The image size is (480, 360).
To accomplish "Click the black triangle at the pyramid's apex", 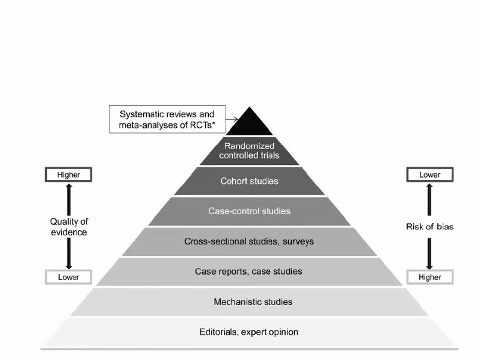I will click(x=248, y=123).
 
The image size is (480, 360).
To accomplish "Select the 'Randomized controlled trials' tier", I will click(x=248, y=151).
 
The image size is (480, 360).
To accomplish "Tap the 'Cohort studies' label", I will click(x=248, y=181).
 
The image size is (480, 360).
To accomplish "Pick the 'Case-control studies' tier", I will click(x=248, y=211).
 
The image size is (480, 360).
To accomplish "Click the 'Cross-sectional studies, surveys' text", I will click(x=248, y=241).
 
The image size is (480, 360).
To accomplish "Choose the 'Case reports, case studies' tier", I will click(x=248, y=272).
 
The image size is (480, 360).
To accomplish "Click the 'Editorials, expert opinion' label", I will click(x=248, y=332).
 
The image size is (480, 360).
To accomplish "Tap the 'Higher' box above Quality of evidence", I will click(x=68, y=175).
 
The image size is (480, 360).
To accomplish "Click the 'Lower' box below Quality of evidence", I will click(x=68, y=278).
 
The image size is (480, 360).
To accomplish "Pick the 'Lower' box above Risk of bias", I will click(x=430, y=175).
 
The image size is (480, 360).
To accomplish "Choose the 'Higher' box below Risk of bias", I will click(x=430, y=278).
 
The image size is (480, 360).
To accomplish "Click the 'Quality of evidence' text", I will click(x=68, y=226).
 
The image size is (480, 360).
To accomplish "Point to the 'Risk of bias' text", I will click(x=430, y=226).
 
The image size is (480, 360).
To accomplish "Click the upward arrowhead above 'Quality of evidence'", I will click(x=68, y=187).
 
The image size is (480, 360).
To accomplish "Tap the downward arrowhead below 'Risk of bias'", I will click(x=430, y=266).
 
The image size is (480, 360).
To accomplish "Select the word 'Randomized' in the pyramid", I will click(x=249, y=146).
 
